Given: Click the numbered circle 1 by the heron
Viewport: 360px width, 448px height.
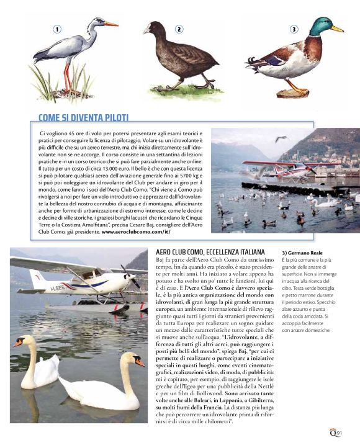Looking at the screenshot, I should (x=56, y=29).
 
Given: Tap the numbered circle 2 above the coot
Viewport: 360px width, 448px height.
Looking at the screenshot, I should (x=179, y=29).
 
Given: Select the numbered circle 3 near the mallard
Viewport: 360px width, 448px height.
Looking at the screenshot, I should (x=294, y=29).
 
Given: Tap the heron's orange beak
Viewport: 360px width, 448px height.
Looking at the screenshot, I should (x=110, y=24).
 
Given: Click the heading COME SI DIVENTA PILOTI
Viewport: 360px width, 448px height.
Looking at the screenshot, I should (x=83, y=117).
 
